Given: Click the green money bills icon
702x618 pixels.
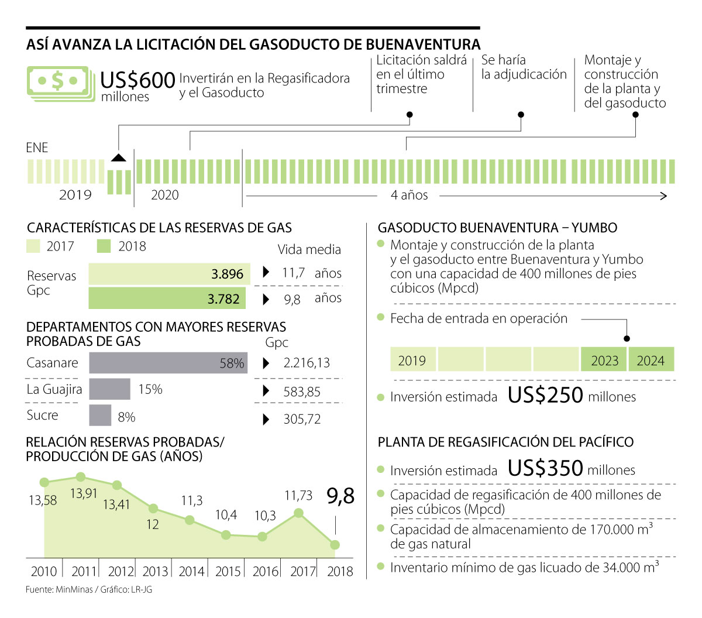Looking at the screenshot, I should tap(60, 83).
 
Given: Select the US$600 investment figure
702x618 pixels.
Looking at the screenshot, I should tap(137, 80).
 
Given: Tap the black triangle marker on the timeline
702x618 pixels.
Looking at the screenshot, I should tap(119, 157).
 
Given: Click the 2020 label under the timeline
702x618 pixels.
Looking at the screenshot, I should tap(165, 195).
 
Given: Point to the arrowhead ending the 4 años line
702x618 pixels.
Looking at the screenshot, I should tap(664, 195).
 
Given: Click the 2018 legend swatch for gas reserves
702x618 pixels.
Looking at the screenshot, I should tap(104, 246).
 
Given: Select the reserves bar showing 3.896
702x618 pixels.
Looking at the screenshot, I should tap(169, 274).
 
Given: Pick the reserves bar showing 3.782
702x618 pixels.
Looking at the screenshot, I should tap(167, 298).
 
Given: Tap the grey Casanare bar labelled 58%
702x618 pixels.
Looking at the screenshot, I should tap(168, 363).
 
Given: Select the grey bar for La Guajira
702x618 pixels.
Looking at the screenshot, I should tap(109, 389).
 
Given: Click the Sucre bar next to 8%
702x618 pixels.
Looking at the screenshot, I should tap(100, 416).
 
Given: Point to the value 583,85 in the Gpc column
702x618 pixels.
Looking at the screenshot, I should tap(302, 392).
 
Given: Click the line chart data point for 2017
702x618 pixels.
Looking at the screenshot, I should tap(298, 513).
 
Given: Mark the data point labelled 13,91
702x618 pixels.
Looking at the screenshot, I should tap(81, 477).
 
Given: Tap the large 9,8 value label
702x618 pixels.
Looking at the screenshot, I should tap(340, 496).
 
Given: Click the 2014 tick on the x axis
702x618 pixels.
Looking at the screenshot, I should tap(191, 571).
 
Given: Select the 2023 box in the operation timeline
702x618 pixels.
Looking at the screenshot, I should tap(604, 360).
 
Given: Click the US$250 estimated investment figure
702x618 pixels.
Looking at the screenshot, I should tap(545, 396).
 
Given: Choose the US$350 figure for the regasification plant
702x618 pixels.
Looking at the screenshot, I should tap(545, 468).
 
